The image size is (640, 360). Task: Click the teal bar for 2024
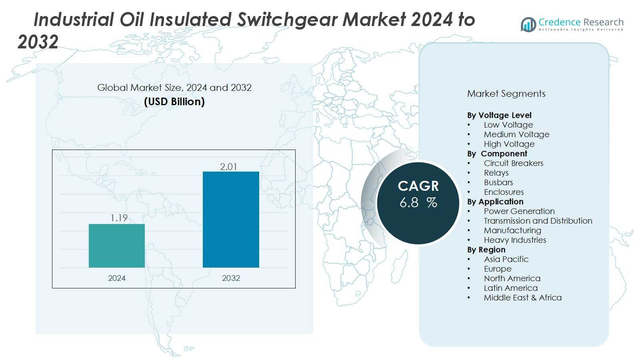click(117, 246)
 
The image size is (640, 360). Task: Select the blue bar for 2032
click(231, 220)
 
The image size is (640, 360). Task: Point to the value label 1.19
click(119, 218)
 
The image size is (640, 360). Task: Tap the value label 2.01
click(228, 167)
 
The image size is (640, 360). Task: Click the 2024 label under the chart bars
click(117, 278)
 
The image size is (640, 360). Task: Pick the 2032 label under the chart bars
click(231, 278)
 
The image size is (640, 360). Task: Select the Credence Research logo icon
click(528, 25)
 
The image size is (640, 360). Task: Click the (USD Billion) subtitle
click(174, 102)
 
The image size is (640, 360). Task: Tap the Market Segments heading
click(506, 94)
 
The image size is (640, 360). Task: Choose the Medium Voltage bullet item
click(516, 134)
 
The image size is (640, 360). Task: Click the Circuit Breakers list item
click(514, 163)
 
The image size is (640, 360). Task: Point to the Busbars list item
click(498, 182)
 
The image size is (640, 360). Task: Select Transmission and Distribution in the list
click(538, 221)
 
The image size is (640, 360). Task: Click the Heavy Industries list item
click(515, 240)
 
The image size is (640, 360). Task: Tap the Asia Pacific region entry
click(506, 259)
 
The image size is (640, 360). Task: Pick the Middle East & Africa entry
click(522, 298)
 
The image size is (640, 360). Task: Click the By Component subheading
click(497, 154)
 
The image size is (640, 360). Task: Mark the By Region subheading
click(486, 250)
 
